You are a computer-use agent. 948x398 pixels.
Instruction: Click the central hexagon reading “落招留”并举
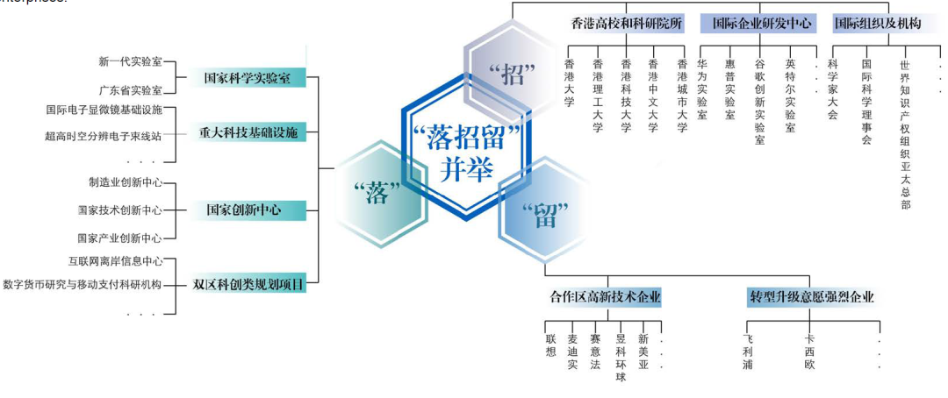point(466,151)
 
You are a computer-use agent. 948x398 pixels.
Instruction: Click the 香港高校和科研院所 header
point(626,24)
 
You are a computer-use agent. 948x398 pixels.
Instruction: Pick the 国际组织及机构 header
point(877,24)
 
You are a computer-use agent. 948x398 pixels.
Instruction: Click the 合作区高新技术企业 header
point(600,297)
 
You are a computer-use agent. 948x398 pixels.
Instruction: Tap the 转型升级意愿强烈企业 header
point(811,297)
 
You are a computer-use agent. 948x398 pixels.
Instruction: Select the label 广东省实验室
point(131,90)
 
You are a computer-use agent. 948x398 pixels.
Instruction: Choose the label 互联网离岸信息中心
point(116,261)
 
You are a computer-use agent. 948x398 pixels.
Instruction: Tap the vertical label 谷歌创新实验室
point(759,102)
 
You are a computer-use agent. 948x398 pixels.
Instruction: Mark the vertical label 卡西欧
point(809,352)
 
